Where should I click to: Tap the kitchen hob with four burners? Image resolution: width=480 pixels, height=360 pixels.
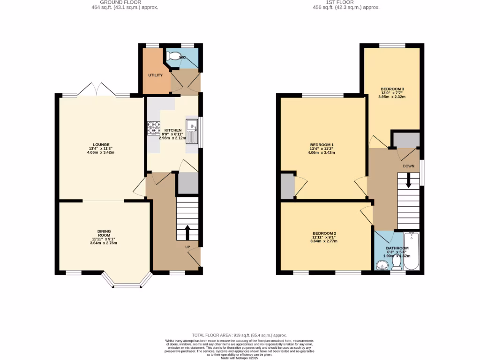click(153, 128)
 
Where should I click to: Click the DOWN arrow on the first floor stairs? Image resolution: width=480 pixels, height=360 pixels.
click(409, 180)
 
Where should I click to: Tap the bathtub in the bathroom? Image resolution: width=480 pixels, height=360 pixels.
click(412, 251)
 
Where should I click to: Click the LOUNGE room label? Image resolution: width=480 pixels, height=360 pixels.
click(101, 144)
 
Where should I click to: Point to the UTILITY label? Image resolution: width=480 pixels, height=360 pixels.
click(156, 75)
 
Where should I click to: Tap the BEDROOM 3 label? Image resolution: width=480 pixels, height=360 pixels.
click(392, 89)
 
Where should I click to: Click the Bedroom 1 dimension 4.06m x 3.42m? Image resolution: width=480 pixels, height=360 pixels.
click(322, 152)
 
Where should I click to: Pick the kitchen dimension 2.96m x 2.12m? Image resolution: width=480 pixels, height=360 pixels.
click(173, 138)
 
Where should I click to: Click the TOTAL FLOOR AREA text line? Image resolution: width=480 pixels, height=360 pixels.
click(240, 336)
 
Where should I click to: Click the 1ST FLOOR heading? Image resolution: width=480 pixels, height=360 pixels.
click(345, 2)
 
